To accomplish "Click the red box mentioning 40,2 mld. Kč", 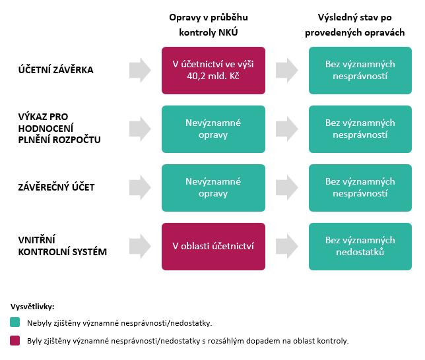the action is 213,71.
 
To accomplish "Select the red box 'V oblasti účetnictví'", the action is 213,247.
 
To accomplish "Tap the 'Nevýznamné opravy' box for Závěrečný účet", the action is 213,188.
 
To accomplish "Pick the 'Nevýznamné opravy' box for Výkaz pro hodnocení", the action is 213,129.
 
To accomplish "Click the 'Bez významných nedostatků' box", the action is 360,247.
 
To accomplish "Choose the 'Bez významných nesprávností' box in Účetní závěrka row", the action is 360,71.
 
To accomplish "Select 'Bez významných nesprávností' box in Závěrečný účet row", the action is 360,188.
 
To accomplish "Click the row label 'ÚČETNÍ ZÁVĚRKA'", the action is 56,70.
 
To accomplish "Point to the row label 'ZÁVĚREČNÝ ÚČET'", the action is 56,187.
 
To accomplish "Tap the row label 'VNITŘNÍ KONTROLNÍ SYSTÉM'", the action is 62,246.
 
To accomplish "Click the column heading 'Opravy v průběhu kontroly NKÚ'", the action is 209,25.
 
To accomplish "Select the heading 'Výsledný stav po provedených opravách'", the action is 355,25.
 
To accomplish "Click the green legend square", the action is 15,322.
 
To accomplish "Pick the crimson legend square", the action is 15,340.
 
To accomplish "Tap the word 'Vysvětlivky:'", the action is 32,307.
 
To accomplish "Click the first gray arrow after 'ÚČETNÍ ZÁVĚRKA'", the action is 140,70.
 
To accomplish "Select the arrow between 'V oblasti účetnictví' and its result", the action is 287,246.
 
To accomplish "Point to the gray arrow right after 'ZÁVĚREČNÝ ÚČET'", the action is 140,187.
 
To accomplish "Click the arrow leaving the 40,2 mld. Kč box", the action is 287,70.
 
